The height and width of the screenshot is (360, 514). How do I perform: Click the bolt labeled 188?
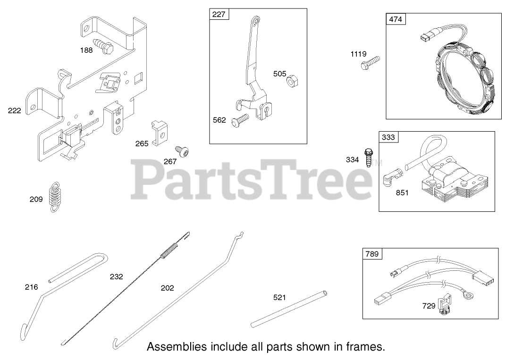(105, 46)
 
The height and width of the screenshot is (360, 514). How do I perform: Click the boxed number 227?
(219, 15)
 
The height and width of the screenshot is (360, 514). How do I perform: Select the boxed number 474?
(396, 19)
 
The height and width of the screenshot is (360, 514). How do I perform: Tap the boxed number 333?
(388, 137)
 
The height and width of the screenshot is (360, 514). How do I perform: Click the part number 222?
(15, 111)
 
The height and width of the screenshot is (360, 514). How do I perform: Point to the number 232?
(116, 277)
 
